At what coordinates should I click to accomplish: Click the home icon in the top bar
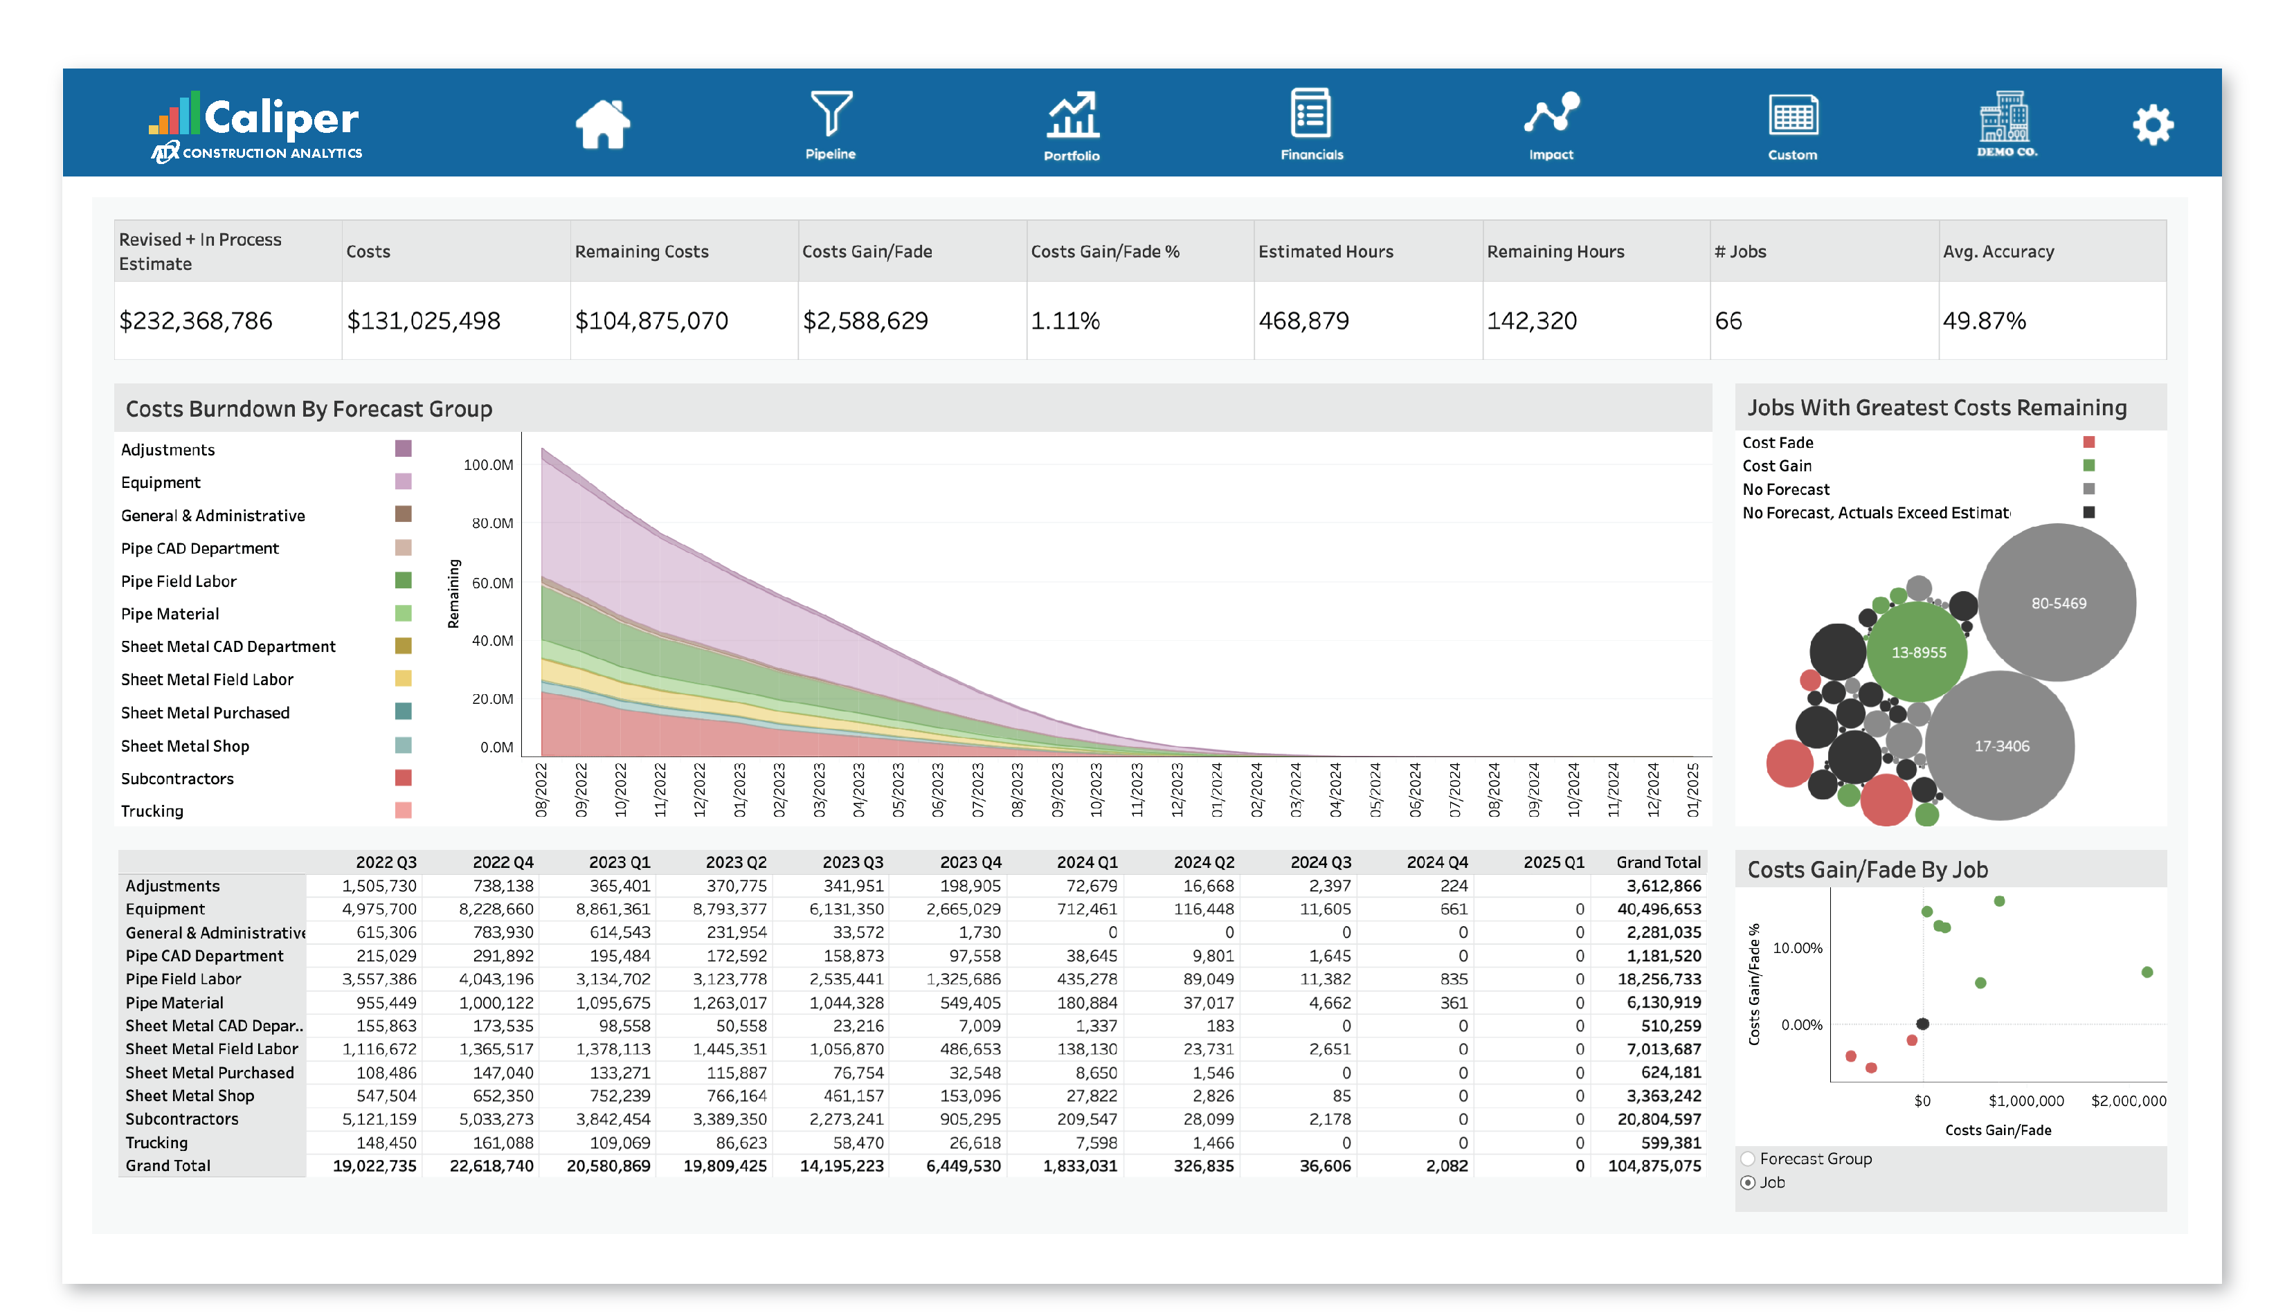coord(602,124)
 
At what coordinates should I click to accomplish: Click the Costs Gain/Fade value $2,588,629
coord(865,320)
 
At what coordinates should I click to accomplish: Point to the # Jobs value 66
coord(1728,320)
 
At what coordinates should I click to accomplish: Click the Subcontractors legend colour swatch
coord(403,778)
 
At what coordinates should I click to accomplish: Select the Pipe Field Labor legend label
coord(179,581)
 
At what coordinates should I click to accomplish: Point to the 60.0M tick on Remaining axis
coord(492,583)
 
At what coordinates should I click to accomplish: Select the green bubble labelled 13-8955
coord(1917,652)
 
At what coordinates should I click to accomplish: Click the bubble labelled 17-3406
coord(2000,746)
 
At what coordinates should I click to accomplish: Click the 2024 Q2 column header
coord(1203,862)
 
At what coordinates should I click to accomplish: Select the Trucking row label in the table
coord(156,1143)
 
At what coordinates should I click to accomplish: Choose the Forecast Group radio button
coord(1748,1159)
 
